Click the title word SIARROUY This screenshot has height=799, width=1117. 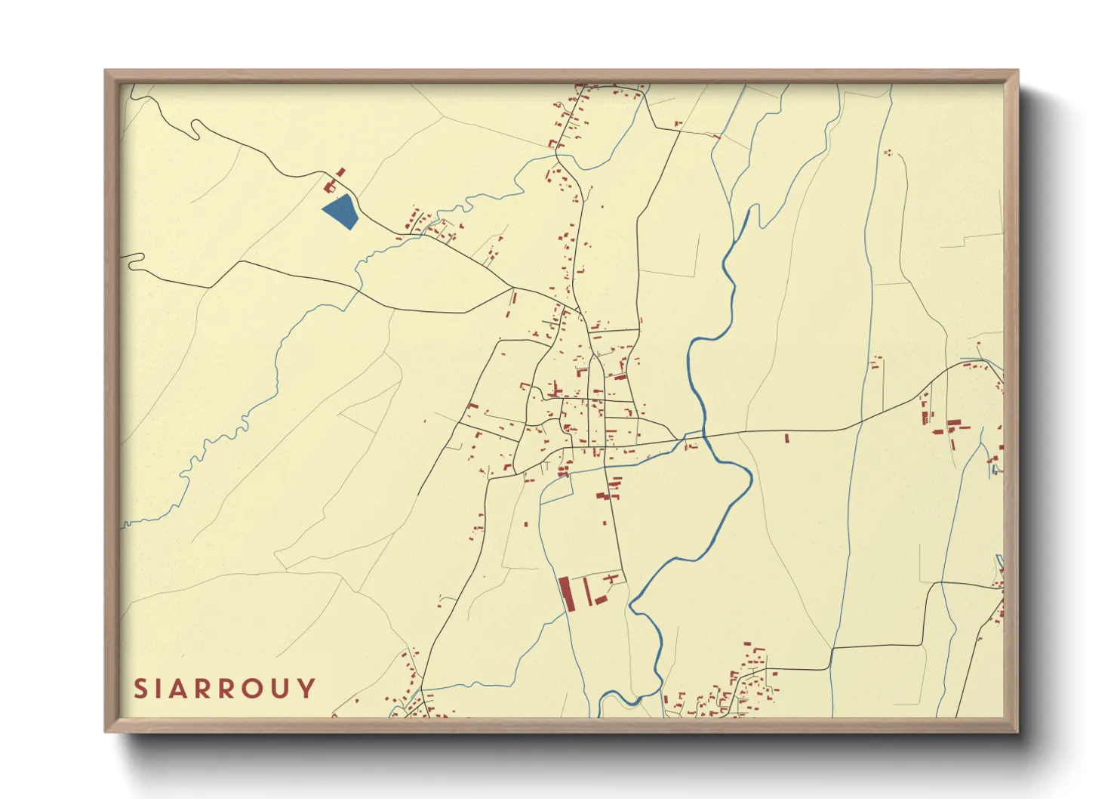coord(225,689)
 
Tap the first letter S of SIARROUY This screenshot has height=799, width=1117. coord(140,689)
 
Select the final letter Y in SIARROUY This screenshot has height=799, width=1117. coord(306,689)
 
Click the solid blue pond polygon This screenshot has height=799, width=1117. coord(340,211)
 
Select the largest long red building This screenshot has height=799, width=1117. coord(567,594)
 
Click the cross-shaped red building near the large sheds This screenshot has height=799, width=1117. coord(610,578)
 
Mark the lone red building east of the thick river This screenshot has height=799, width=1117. coord(786,437)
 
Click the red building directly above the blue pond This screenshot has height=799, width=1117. coord(329,186)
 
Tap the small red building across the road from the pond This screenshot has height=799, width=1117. coord(340,172)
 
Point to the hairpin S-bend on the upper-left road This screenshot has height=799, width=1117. coord(196,129)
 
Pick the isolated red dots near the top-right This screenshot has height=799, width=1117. coord(888,153)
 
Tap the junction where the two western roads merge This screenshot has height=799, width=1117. coord(513,288)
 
